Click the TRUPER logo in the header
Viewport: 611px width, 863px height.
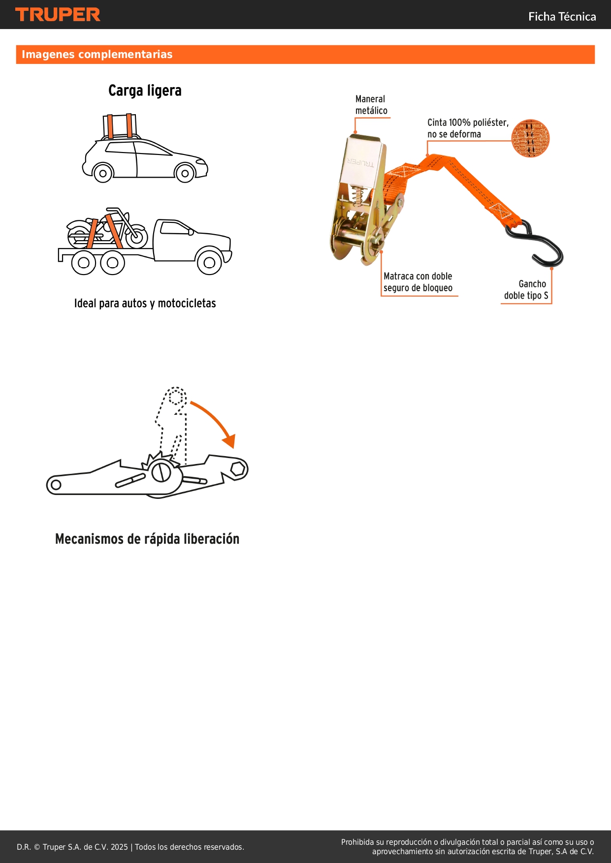point(58,15)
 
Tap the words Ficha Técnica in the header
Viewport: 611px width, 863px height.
point(562,17)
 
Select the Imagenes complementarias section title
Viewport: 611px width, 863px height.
point(97,55)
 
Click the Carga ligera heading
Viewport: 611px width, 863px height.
point(145,91)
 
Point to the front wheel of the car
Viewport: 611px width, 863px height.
point(185,173)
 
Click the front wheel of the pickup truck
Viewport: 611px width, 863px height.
point(209,262)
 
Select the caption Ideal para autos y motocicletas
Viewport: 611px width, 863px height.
point(145,304)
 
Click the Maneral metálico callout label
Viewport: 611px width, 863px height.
point(371,105)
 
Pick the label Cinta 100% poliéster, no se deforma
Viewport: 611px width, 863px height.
point(467,128)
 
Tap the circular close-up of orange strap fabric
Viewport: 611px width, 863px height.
point(530,138)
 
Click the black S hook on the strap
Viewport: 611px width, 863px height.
point(542,244)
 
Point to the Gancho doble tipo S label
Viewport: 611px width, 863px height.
point(526,290)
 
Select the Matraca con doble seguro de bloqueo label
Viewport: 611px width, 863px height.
point(418,282)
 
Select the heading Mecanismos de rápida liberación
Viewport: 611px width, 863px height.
point(147,539)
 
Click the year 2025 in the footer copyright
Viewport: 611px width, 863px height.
point(119,847)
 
